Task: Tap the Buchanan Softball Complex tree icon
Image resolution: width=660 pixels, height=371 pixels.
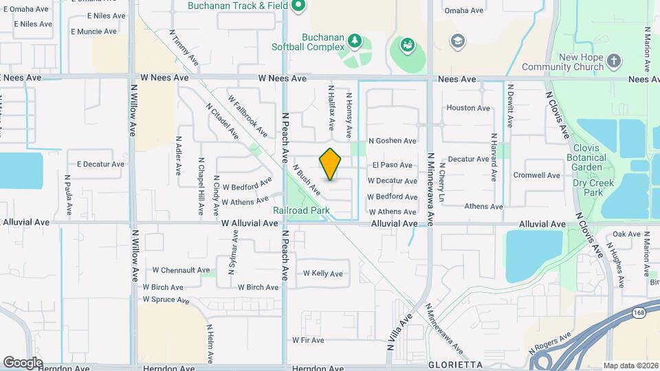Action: pos(355,40)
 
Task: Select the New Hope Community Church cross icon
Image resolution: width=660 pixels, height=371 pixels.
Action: pos(615,62)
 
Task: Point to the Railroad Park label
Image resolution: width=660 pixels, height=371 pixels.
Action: pos(301,210)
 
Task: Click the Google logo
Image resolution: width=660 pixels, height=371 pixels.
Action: pos(23,362)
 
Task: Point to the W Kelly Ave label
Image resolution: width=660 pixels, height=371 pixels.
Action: pos(323,273)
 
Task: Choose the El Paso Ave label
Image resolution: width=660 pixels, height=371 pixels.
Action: pos(392,165)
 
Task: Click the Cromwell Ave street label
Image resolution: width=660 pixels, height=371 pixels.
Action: pos(541,175)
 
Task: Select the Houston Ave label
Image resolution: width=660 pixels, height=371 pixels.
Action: pos(468,108)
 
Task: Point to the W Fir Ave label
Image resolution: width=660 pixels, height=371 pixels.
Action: pos(307,339)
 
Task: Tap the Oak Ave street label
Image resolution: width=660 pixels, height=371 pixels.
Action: pos(626,234)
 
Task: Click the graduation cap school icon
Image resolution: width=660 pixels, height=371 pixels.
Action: pos(456,41)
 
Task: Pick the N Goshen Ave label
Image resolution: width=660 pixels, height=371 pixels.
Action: pos(393,141)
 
